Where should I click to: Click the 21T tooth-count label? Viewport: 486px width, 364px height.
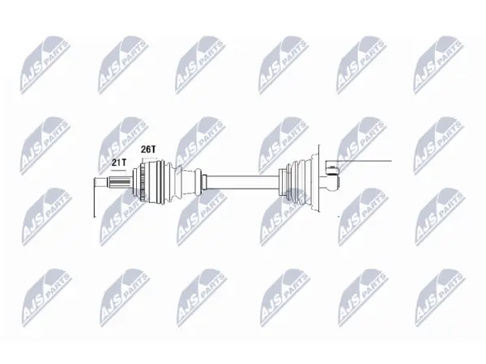(x=120, y=162)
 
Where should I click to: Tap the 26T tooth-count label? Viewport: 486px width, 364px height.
(x=148, y=149)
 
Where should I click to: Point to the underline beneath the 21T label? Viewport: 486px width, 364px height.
(x=119, y=170)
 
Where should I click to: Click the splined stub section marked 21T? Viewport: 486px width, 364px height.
(x=120, y=182)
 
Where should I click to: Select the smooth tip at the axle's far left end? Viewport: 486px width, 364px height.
(x=101, y=182)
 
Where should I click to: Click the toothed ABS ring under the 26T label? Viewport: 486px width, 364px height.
(x=143, y=182)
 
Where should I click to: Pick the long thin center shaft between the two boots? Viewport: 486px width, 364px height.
(x=242, y=182)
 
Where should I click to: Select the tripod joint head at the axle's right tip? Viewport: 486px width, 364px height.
(x=332, y=178)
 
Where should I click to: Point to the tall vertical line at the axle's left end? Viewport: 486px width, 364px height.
(x=94, y=197)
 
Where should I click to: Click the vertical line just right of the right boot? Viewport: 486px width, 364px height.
(x=318, y=178)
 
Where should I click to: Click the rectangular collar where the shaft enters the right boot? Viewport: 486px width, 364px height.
(x=282, y=182)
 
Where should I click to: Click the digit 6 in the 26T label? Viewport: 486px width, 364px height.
(x=148, y=149)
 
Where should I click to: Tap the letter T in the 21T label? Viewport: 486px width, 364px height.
(x=125, y=162)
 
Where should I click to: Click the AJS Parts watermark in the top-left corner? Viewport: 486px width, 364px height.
(x=45, y=65)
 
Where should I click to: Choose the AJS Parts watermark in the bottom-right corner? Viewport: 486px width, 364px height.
(x=440, y=298)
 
